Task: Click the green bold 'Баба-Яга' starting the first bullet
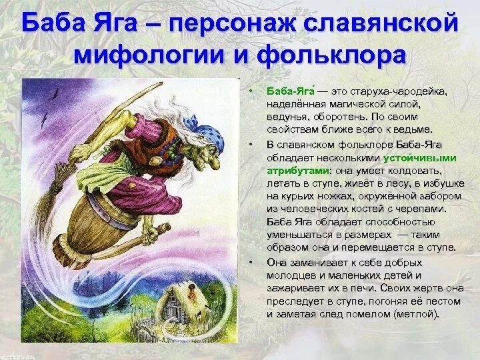[x=289, y=91]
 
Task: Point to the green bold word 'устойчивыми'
[x=419, y=158]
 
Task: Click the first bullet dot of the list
[x=251, y=91]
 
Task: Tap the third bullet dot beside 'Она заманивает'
[x=251, y=263]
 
